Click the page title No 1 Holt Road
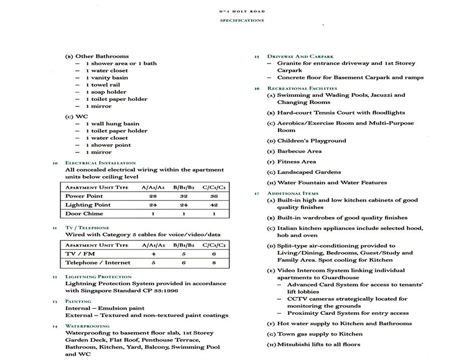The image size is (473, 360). coord(242,11)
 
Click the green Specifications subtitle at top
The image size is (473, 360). coord(242,21)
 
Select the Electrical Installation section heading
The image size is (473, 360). coord(100,163)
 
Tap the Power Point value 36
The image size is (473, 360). coord(214,196)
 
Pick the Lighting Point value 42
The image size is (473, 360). coord(214,205)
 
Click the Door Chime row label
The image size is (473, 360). coord(84,213)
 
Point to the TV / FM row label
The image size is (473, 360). coord(80,254)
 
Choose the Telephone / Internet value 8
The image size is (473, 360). coord(214,263)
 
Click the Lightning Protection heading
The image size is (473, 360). coord(98,277)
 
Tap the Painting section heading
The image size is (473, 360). coord(78,301)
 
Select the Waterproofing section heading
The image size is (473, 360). coord(87,326)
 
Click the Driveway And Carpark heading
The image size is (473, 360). coord(300,56)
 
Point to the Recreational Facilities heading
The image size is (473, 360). coord(302,88)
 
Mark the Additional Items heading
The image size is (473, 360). coord(293,193)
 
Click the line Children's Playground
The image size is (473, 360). coord(311,141)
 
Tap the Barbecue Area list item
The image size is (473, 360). coord(299,151)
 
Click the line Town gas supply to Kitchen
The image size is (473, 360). coord(320,334)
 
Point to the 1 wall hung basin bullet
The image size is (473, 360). coord(112,124)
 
